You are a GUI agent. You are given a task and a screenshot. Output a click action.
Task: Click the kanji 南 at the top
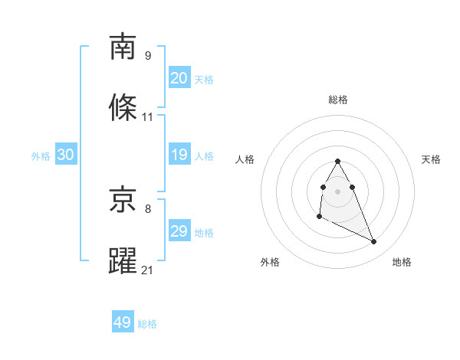[123, 47]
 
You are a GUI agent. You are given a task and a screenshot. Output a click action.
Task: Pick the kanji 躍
[123, 260]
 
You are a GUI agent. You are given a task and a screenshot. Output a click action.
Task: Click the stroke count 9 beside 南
[147, 56]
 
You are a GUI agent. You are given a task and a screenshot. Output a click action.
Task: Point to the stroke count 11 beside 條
[148, 117]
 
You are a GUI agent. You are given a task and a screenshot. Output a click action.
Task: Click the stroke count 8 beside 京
[147, 208]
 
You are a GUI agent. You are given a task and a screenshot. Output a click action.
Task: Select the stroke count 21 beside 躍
[148, 270]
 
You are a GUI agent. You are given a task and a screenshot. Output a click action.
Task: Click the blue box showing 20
[179, 78]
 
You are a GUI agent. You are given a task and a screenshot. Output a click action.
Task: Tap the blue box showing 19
[179, 155]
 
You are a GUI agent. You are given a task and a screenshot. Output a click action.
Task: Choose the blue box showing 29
[179, 231]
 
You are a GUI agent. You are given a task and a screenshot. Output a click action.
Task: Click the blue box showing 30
[65, 155]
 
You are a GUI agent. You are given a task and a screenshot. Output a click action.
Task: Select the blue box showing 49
[123, 323]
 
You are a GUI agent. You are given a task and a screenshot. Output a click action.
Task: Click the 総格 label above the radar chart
[337, 100]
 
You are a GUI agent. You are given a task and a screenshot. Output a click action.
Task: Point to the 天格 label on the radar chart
[431, 159]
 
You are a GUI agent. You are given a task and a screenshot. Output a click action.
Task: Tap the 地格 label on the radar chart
[402, 262]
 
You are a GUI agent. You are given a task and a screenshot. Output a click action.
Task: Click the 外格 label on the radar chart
[270, 262]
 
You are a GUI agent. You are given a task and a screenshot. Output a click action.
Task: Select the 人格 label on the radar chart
[245, 159]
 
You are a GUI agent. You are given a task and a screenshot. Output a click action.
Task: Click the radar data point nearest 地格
[374, 242]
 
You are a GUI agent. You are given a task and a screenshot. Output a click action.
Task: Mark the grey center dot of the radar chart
[337, 191]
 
